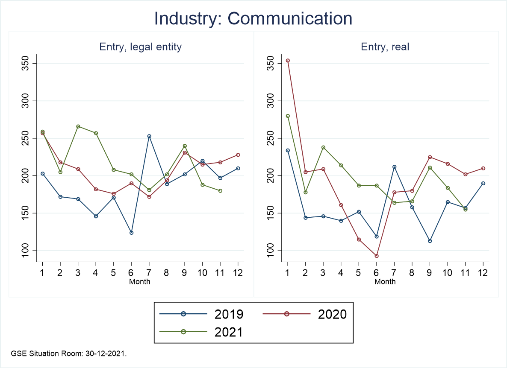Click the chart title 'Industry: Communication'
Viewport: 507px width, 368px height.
253,19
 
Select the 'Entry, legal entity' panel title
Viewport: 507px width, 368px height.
141,47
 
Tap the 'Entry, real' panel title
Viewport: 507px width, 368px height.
385,47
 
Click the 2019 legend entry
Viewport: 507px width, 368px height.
201,314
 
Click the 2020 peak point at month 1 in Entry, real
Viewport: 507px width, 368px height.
288,61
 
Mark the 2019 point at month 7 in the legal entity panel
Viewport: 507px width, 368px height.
149,136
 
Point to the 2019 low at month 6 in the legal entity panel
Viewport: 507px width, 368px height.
131,233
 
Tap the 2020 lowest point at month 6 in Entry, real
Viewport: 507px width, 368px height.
377,256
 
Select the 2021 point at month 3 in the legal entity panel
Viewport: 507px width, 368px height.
78,126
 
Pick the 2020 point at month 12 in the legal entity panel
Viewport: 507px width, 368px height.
238,155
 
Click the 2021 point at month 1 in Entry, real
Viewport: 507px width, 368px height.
288,116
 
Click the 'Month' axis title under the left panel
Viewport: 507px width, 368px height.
140,282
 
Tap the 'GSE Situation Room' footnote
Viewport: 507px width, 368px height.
69,353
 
